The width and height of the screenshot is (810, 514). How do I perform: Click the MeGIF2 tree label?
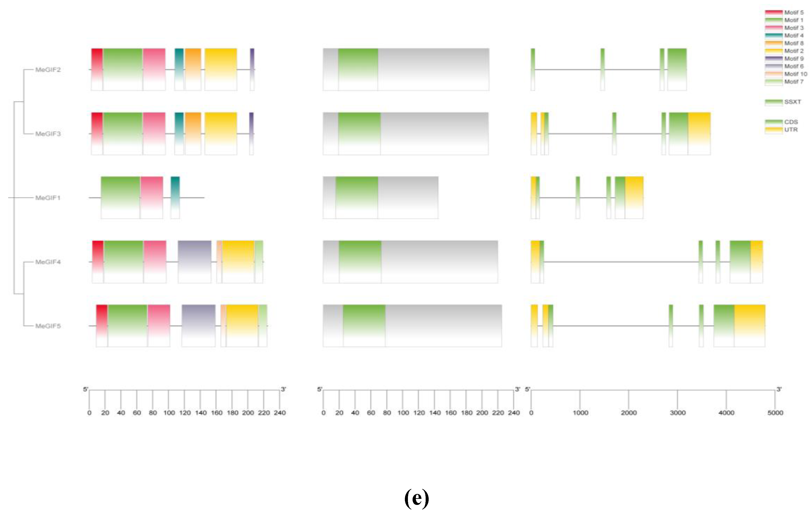click(x=48, y=70)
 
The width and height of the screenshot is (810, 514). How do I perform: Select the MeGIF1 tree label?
click(x=48, y=198)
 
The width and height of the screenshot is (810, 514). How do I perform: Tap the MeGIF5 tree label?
click(x=48, y=326)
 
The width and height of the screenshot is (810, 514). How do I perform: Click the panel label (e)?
click(x=417, y=498)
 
